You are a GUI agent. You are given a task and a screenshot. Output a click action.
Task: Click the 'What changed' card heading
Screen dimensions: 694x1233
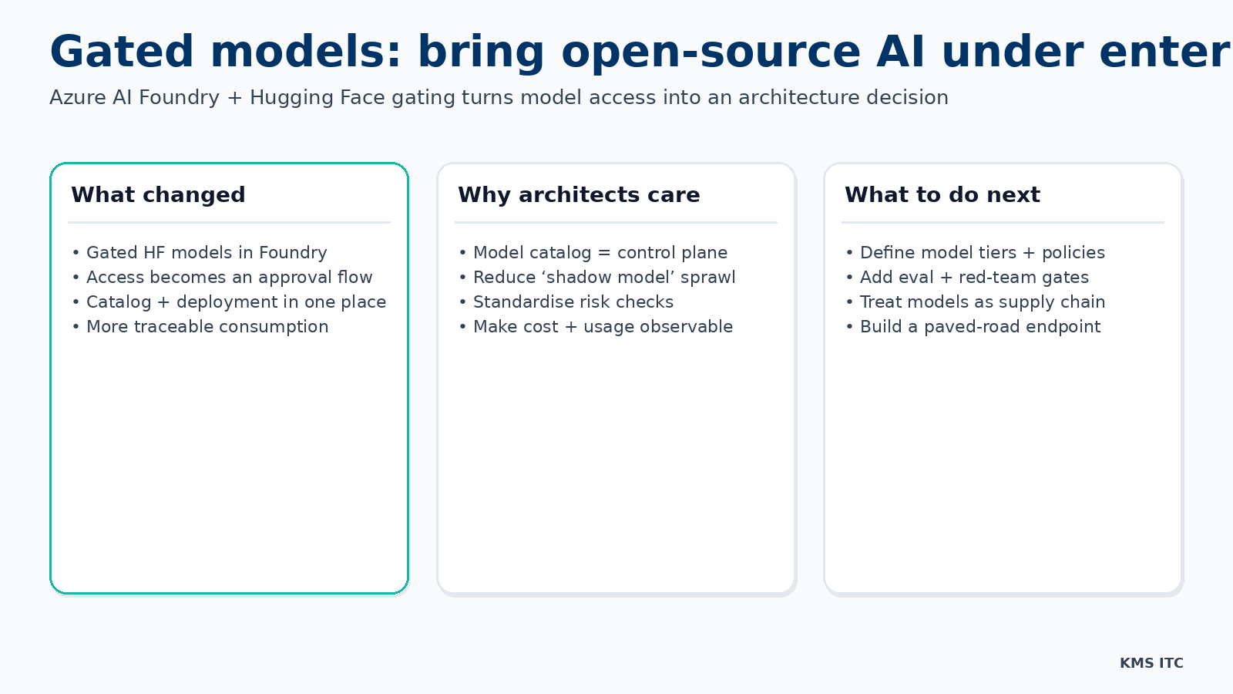tap(158, 195)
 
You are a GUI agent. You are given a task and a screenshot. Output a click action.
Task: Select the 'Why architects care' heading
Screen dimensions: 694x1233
tap(579, 195)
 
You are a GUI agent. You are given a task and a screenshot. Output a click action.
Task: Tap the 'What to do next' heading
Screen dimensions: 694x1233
tap(942, 195)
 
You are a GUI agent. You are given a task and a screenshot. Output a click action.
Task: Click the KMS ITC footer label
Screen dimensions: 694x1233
tap(1151, 663)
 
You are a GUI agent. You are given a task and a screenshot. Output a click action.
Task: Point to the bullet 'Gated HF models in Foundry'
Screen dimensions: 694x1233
tap(207, 253)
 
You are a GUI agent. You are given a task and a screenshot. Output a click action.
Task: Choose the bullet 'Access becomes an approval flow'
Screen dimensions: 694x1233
tap(229, 278)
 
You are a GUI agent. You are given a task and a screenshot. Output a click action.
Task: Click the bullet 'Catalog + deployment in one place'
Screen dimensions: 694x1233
tap(236, 302)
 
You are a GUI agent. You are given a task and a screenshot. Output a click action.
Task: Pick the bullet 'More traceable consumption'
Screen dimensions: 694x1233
tap(207, 327)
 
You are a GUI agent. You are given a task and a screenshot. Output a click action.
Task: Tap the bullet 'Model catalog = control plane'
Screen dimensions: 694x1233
tap(600, 253)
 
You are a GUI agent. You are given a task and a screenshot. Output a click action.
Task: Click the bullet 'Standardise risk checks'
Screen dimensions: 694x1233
tap(573, 302)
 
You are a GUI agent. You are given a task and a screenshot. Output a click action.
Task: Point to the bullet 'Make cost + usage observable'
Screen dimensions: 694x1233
tap(603, 327)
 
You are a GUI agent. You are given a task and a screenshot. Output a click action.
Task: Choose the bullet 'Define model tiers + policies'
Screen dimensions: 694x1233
tap(982, 253)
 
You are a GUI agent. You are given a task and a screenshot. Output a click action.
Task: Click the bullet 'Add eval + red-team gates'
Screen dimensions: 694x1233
tap(974, 278)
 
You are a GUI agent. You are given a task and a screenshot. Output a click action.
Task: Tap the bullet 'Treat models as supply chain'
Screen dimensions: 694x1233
tap(983, 302)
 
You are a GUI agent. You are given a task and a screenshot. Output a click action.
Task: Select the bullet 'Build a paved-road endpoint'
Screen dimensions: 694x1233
tap(980, 327)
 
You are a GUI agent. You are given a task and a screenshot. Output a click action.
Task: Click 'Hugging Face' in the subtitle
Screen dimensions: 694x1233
tap(317, 98)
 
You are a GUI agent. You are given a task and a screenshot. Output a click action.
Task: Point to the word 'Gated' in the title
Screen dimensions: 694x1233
tap(122, 52)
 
